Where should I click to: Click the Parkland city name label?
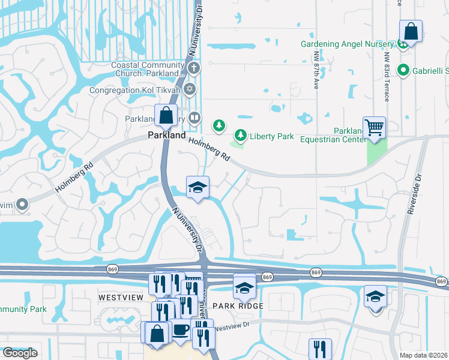pos(166,136)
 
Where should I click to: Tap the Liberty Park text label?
pos(272,136)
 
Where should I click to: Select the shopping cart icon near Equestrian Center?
pos(374,127)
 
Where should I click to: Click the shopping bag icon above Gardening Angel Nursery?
pos(411,31)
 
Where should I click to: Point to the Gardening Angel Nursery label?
pos(346,44)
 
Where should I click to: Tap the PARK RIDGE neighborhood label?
pos(243,306)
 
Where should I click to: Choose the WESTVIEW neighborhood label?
pos(121,298)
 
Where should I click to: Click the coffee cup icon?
pos(180,331)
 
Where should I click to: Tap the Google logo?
pos(19,353)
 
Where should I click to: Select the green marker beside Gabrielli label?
pos(403,70)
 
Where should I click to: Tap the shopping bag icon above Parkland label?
pos(165,116)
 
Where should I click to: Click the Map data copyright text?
pos(423,355)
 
